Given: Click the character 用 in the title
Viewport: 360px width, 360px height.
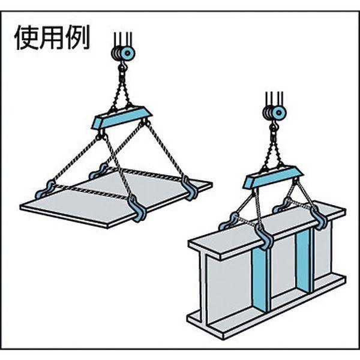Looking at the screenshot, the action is (x=52, y=38).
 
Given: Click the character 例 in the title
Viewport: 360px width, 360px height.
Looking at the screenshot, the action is (x=77, y=38).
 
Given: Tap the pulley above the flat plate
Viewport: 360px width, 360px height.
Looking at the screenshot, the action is (x=123, y=53).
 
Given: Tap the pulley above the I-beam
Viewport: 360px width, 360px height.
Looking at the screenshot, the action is (x=275, y=113).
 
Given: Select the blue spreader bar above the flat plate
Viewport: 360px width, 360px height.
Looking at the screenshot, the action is (x=122, y=118).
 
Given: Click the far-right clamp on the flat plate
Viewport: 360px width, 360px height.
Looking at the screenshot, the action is (x=190, y=188).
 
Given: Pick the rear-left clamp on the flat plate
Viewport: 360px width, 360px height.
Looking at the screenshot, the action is (x=98, y=171).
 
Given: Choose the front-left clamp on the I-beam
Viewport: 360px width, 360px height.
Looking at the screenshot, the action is (x=229, y=221).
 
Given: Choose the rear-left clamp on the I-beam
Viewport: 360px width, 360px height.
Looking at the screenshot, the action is (x=283, y=205).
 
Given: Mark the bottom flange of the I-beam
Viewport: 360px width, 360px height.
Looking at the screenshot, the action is (x=266, y=317).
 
